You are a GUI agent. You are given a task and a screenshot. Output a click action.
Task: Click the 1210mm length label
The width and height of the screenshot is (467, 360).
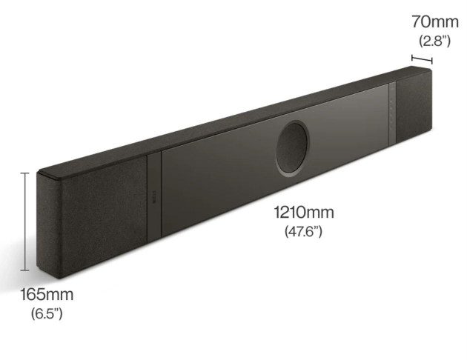tap(304, 213)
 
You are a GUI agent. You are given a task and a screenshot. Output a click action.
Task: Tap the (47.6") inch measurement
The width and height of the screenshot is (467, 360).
tap(303, 231)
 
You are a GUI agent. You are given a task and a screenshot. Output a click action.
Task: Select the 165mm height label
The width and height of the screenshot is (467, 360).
tap(47, 295)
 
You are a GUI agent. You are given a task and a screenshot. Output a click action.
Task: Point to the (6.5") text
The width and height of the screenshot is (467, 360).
tap(47, 313)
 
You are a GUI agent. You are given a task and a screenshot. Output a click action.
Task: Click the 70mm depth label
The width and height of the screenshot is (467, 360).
tap(435, 21)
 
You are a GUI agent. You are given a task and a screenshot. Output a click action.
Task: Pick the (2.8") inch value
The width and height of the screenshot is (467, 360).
tap(435, 41)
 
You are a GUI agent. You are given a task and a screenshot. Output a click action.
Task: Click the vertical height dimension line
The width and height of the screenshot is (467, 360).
tap(25, 221)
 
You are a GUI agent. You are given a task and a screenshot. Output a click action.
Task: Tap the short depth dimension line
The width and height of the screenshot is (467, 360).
tap(422, 59)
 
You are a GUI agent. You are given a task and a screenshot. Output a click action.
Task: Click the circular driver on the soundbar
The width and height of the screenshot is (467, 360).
tap(293, 147)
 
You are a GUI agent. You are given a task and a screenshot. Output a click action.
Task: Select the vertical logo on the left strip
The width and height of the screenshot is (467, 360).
tap(154, 197)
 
